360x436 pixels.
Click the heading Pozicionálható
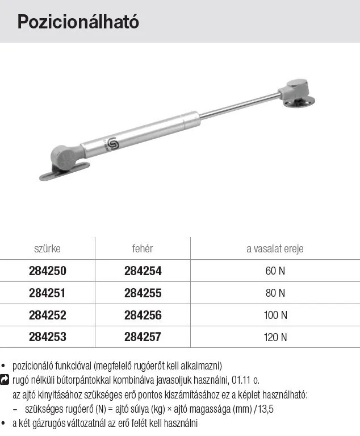(x=78, y=22)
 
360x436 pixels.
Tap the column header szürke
(x=47, y=248)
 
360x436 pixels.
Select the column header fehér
(x=143, y=248)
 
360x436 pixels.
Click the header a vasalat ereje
(x=275, y=249)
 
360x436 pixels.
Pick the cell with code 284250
(x=48, y=271)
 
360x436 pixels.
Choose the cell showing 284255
(x=143, y=293)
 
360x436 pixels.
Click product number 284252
(x=48, y=315)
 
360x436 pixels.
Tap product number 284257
(x=143, y=337)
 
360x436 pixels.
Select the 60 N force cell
(x=275, y=271)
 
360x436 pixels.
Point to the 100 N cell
(x=275, y=315)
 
